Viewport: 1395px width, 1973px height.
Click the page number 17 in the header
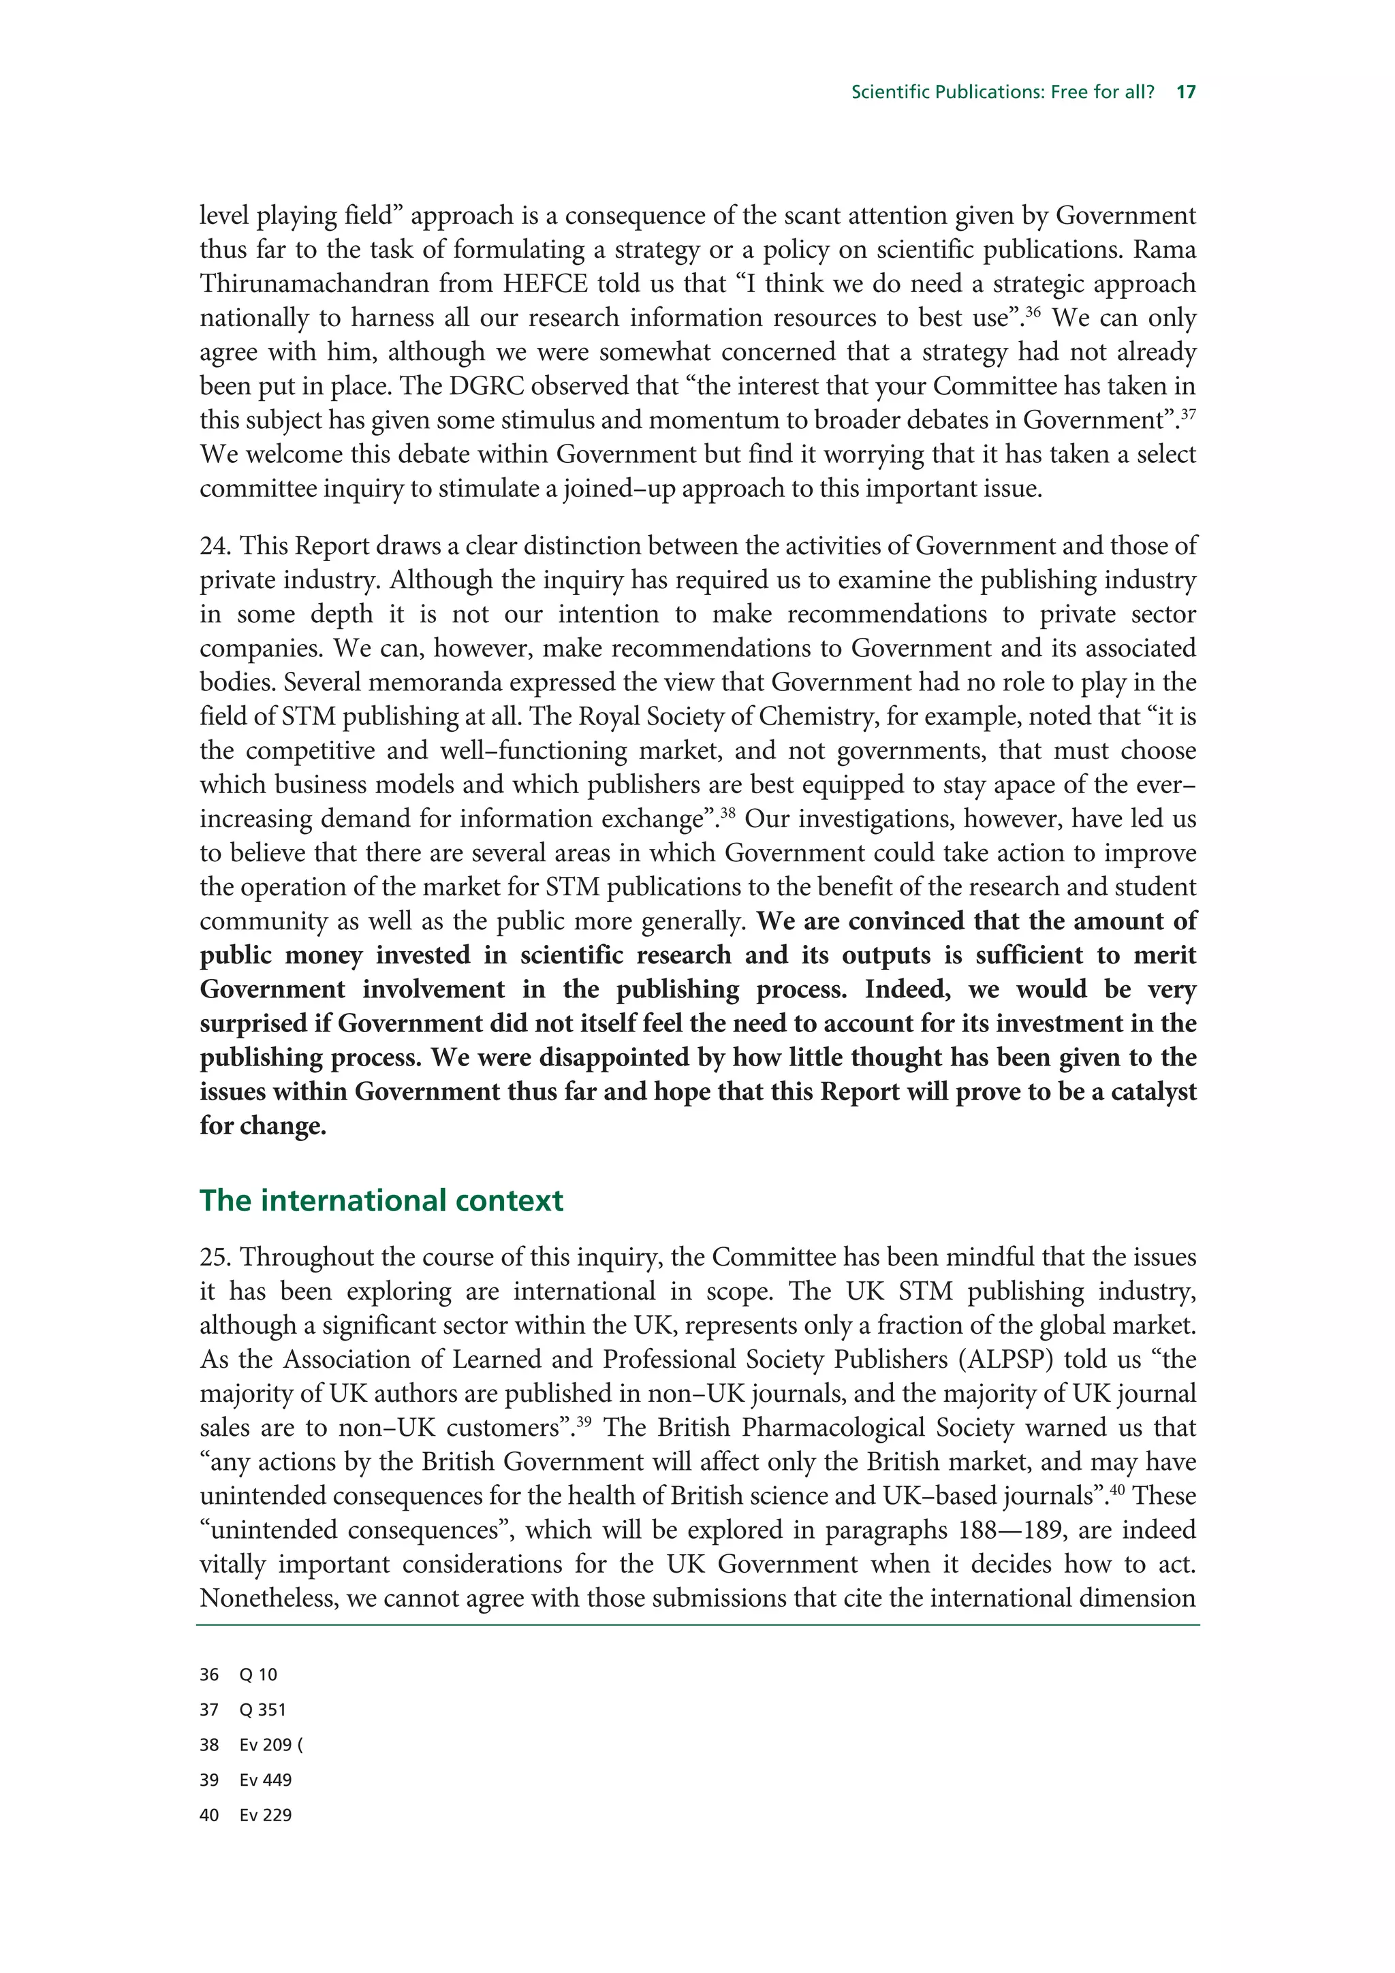(1185, 92)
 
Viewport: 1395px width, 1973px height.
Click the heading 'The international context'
(381, 1200)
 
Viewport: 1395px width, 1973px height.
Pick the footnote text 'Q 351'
(262, 1710)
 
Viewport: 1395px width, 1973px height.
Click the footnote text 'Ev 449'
(266, 1780)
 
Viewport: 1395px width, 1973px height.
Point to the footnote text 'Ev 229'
(266, 1815)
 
